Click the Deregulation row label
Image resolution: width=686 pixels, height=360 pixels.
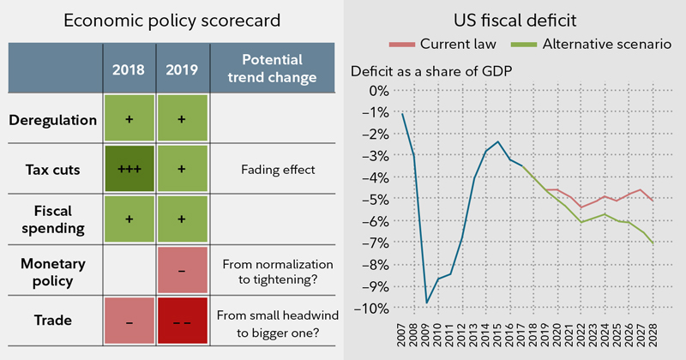click(x=53, y=120)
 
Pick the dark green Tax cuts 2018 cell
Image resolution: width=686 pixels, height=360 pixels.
click(x=129, y=170)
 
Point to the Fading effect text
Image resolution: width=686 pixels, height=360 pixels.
click(x=268, y=170)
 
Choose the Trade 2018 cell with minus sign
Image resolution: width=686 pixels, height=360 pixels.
click(x=129, y=321)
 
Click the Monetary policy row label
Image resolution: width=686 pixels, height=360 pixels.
click(x=53, y=270)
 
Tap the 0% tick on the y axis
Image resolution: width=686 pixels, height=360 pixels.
click(x=376, y=91)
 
